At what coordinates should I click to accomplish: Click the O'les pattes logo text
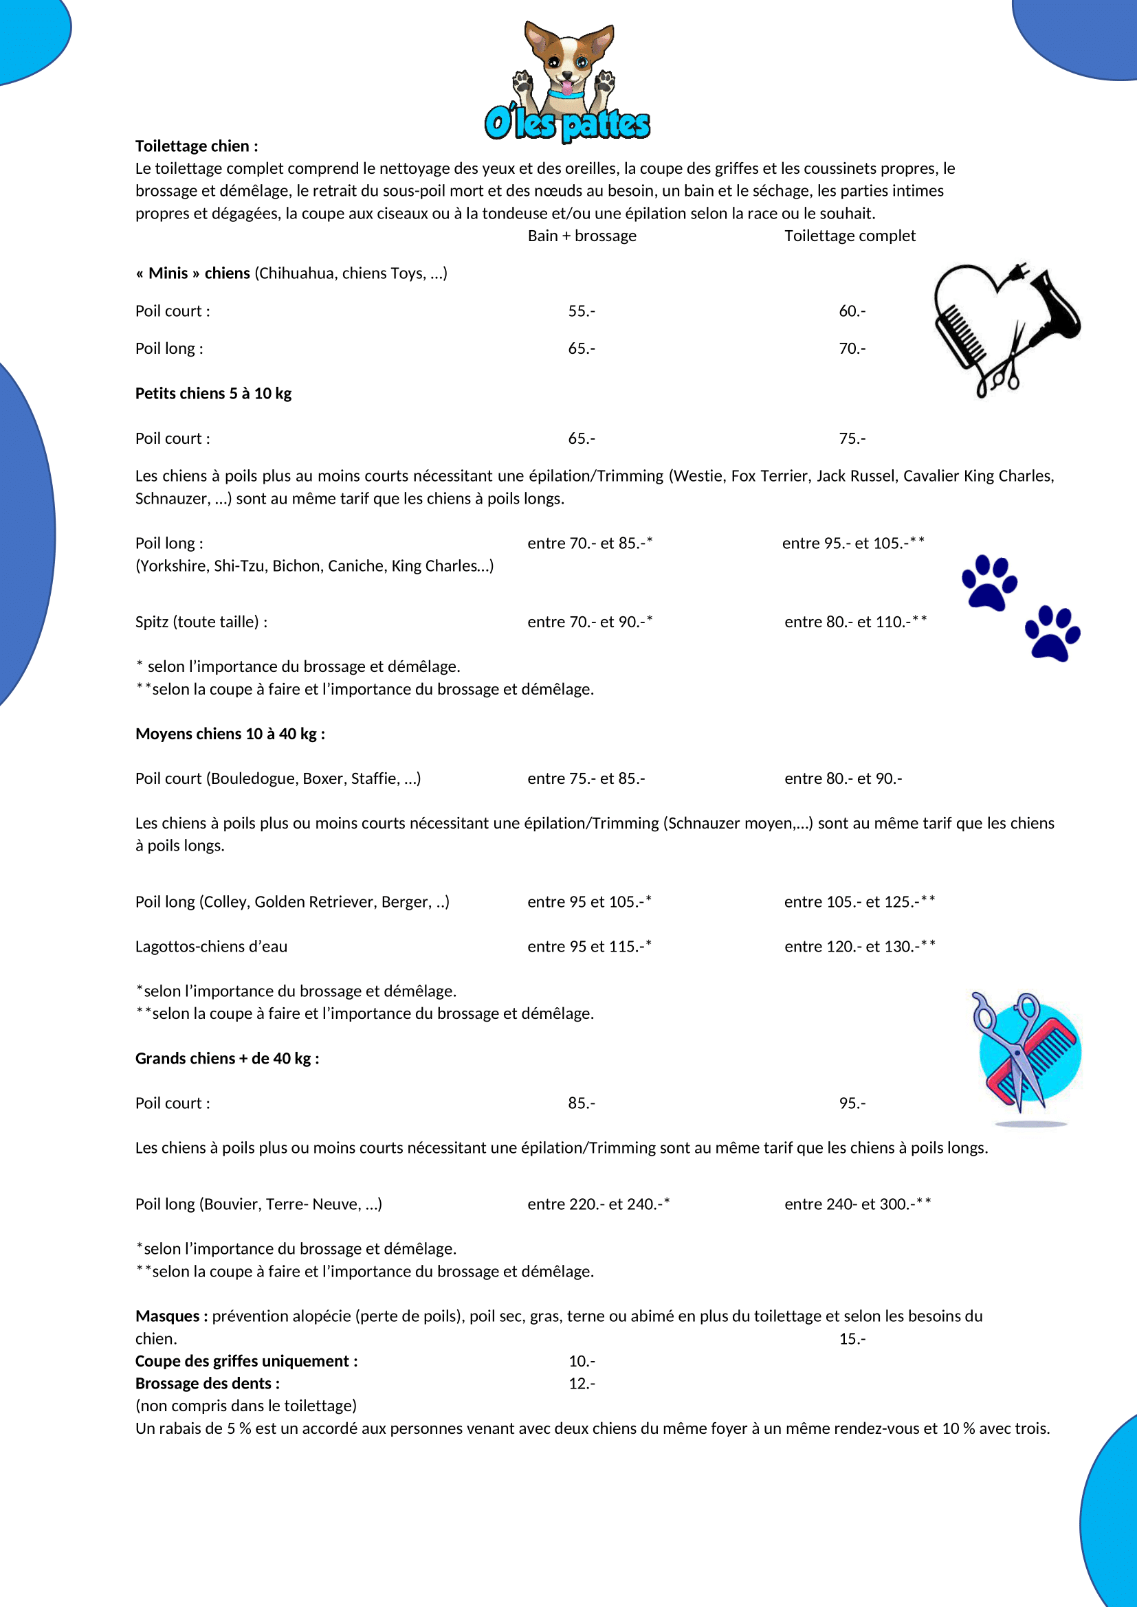(567, 124)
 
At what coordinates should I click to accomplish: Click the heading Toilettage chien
(197, 146)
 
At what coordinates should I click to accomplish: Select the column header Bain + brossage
(582, 236)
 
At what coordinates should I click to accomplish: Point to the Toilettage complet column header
(849, 236)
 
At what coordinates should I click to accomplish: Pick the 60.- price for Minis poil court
(852, 311)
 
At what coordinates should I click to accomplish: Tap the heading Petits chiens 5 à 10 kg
(214, 394)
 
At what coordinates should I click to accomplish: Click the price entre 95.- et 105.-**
(852, 543)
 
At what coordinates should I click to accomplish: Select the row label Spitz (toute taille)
(201, 622)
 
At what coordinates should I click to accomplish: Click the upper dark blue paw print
(989, 583)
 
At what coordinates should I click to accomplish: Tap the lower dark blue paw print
(1052, 633)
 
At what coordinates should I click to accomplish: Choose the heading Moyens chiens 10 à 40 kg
(230, 734)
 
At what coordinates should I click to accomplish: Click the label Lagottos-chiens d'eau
(212, 946)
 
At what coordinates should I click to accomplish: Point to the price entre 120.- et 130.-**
(859, 946)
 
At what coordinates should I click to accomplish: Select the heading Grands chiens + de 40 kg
(228, 1058)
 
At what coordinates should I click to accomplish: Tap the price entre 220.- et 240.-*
(598, 1204)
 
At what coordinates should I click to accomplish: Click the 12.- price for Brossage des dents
(582, 1383)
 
